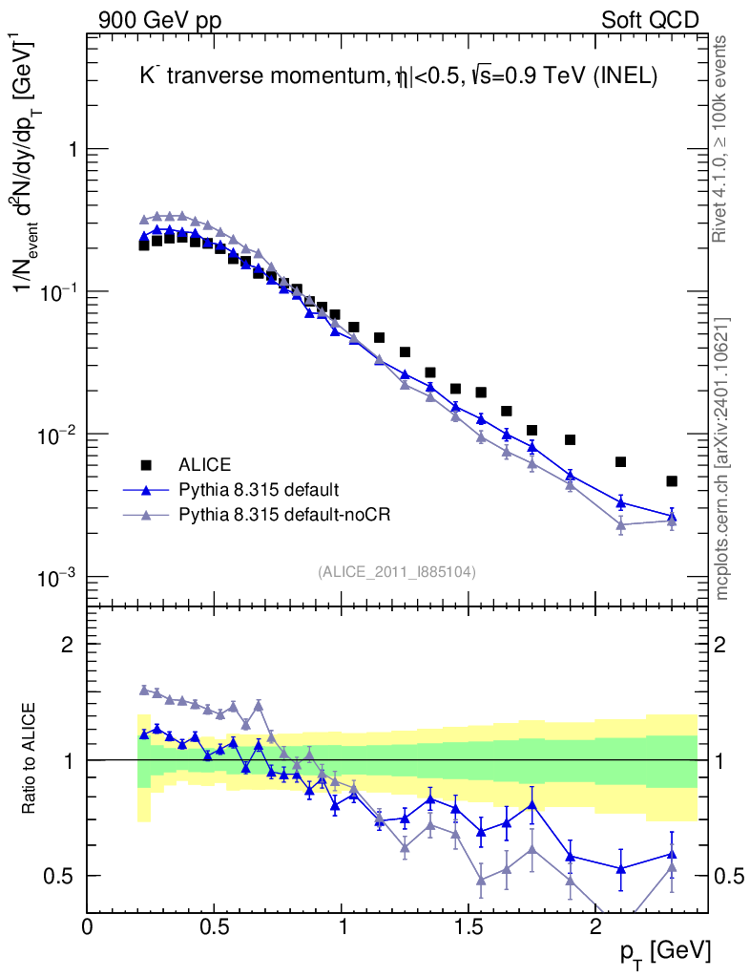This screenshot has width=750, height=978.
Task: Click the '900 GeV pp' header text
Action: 158,20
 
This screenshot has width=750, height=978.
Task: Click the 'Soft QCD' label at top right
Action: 650,20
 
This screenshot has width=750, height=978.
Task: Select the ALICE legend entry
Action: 205,465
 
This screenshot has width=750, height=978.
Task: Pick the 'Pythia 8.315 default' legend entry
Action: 259,490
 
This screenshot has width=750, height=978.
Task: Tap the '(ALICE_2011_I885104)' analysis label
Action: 397,571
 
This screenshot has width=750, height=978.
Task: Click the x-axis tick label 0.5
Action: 214,927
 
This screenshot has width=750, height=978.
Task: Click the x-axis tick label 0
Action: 88,927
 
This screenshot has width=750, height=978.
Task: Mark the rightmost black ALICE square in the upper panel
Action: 672,481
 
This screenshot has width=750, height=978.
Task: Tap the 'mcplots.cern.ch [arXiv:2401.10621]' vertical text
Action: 722,458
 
